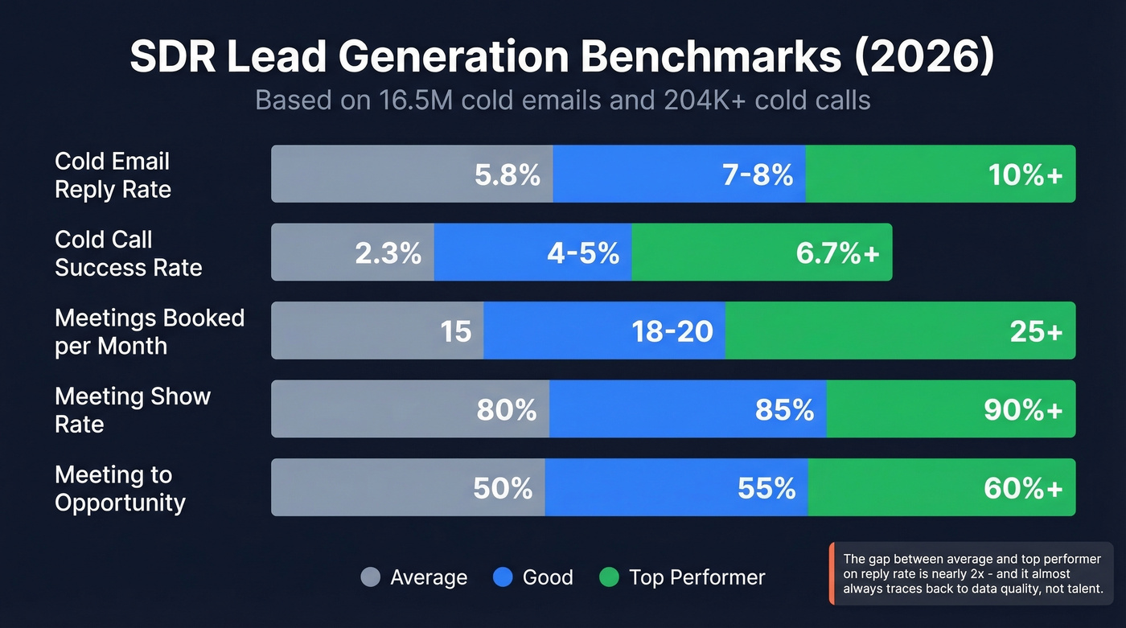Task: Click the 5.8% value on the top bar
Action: tap(507, 174)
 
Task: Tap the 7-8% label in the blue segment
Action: tap(758, 174)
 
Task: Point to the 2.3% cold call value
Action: tap(388, 253)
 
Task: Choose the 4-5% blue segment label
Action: tap(583, 253)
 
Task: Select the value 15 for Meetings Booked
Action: tap(456, 331)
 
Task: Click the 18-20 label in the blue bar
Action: tap(672, 331)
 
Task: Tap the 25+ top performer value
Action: tap(1037, 331)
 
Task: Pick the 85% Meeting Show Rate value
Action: tap(784, 410)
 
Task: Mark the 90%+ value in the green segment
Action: tap(1023, 410)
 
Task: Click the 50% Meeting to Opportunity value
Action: tap(503, 488)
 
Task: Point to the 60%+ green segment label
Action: tap(1023, 488)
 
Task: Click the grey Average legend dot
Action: tap(370, 577)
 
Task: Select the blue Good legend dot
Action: tap(503, 577)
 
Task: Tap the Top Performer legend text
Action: tap(697, 577)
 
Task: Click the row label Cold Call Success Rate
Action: tap(128, 253)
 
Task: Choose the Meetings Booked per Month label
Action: tap(149, 331)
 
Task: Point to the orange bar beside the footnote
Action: tap(831, 573)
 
